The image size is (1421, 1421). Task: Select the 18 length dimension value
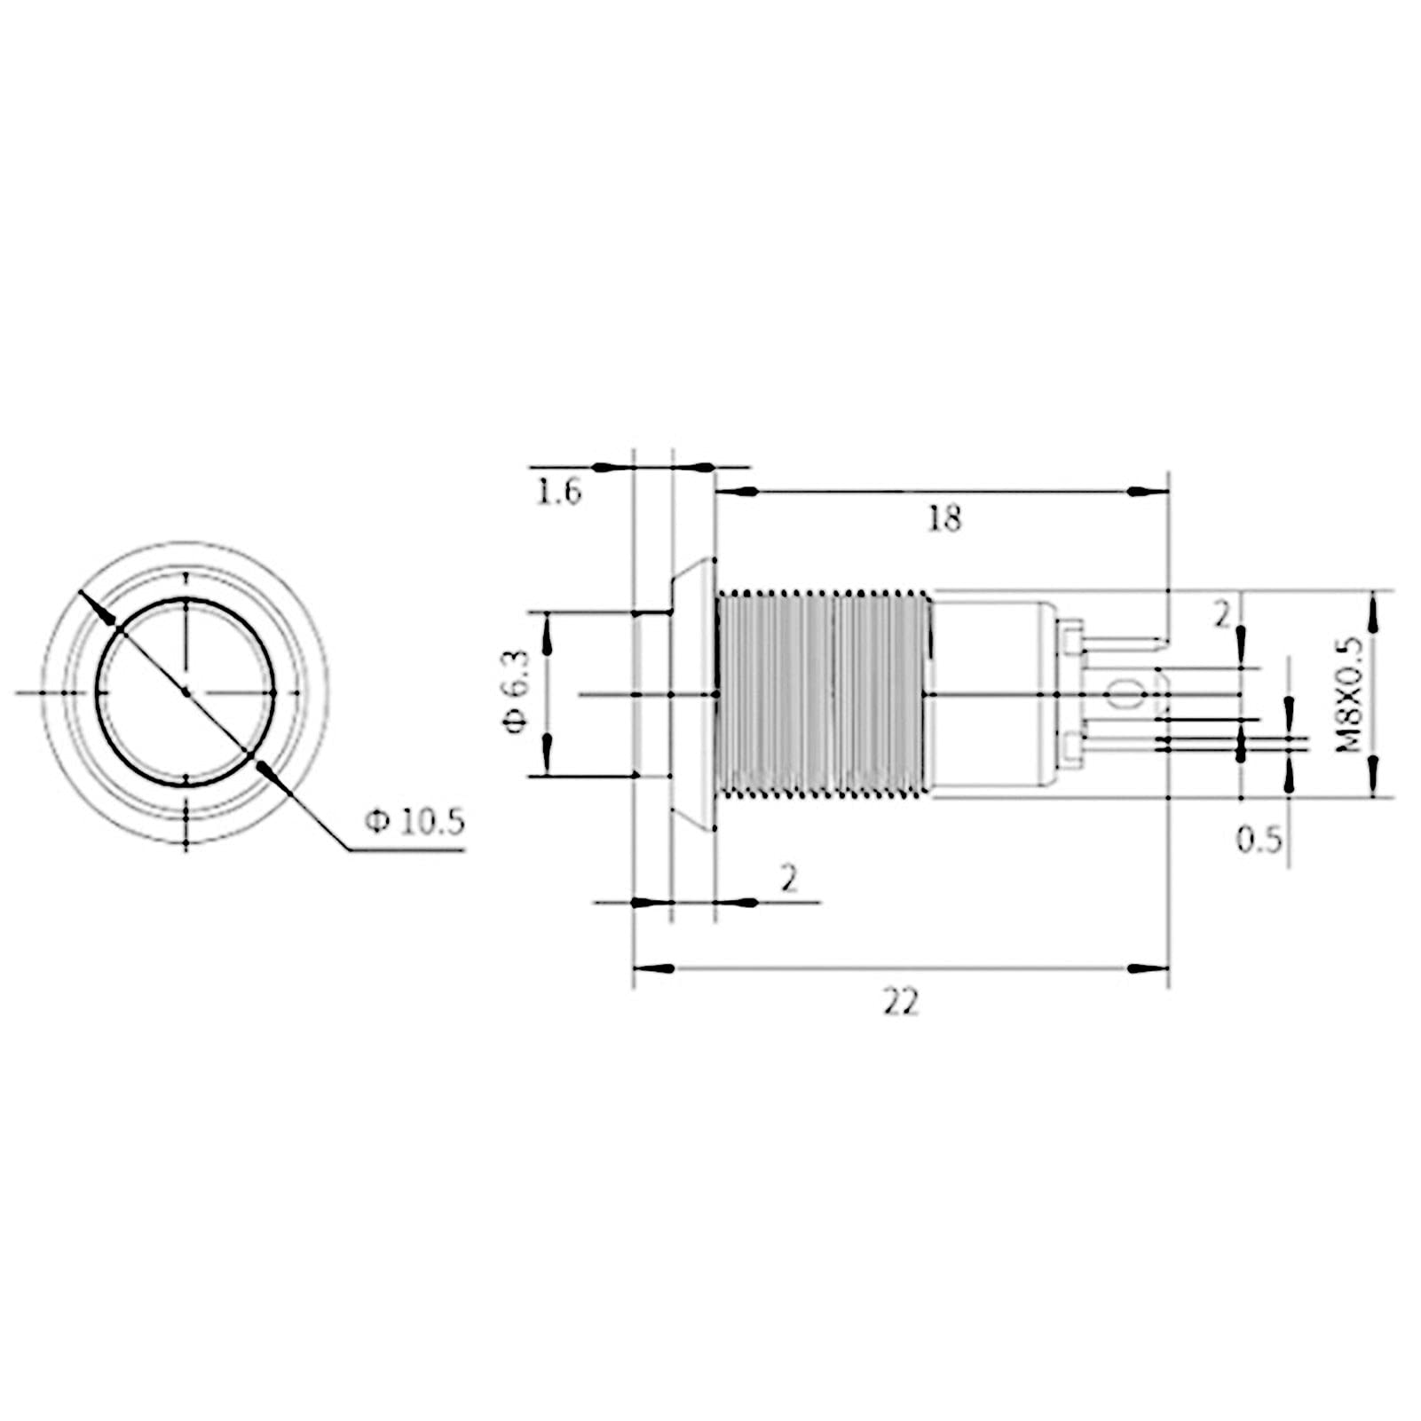(944, 518)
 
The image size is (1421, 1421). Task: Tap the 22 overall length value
(901, 1003)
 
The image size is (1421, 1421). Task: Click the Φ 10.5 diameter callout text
(414, 823)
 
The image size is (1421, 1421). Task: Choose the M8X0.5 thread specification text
(1348, 694)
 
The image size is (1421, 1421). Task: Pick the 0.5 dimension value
(1260, 839)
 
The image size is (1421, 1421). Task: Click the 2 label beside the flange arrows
(789, 879)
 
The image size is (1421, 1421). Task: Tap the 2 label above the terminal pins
(1224, 614)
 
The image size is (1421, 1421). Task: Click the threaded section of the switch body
(823, 693)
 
